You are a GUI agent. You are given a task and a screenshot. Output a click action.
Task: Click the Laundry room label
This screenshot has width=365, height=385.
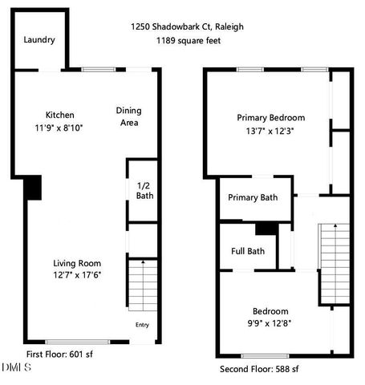coord(39,40)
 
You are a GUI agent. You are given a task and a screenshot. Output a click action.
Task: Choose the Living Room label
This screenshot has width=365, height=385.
coord(78,263)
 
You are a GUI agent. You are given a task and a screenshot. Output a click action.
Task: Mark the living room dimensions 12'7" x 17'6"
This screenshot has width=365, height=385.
coord(78,275)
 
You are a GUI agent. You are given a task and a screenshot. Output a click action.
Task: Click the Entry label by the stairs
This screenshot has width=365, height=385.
coord(142,325)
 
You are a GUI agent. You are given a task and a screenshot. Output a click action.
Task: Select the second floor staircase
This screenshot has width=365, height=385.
coord(331,261)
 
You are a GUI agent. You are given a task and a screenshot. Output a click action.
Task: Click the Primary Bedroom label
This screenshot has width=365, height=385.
coord(270,118)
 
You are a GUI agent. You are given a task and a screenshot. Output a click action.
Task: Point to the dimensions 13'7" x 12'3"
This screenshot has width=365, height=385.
coord(270,131)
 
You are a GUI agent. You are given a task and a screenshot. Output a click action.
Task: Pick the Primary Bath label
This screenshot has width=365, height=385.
coord(253,198)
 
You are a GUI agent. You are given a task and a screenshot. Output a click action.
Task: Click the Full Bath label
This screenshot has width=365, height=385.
coord(248,251)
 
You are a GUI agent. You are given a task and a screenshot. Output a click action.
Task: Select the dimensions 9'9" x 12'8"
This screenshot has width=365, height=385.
coord(270,323)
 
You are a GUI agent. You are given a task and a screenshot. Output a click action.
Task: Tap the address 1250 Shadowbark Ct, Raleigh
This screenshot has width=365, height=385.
coord(187,26)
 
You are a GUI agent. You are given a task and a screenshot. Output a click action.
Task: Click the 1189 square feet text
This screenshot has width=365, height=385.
coord(189,40)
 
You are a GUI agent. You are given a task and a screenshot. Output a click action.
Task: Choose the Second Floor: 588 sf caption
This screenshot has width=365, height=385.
coord(259,369)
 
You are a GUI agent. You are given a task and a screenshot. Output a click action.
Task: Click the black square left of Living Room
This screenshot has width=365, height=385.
coord(33,188)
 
